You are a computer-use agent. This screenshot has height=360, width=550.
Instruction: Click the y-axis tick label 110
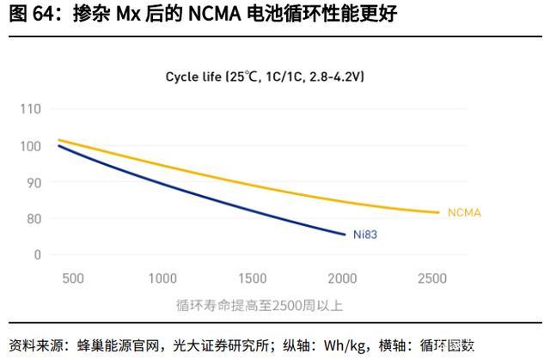[30, 109]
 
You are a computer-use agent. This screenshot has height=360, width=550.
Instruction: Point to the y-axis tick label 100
[30, 146]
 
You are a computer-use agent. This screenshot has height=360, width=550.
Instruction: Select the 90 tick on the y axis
[33, 182]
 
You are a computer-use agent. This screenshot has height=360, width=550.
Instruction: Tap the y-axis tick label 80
[33, 218]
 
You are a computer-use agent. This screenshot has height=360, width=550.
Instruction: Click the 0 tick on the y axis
[37, 254]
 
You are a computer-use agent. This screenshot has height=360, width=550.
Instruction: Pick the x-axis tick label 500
[73, 278]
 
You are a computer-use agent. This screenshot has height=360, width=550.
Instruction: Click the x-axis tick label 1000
[162, 278]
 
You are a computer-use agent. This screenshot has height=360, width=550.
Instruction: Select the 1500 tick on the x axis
[253, 278]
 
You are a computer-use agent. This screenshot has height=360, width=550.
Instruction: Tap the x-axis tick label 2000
[343, 278]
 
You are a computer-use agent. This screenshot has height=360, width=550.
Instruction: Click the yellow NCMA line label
[464, 212]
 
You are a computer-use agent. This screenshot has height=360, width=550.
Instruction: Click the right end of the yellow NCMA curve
[439, 212]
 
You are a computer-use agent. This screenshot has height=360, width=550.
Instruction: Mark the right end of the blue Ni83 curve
[345, 233]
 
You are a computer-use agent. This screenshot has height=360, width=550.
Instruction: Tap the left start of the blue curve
[58, 146]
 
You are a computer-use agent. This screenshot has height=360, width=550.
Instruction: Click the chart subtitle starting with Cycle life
[265, 76]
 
